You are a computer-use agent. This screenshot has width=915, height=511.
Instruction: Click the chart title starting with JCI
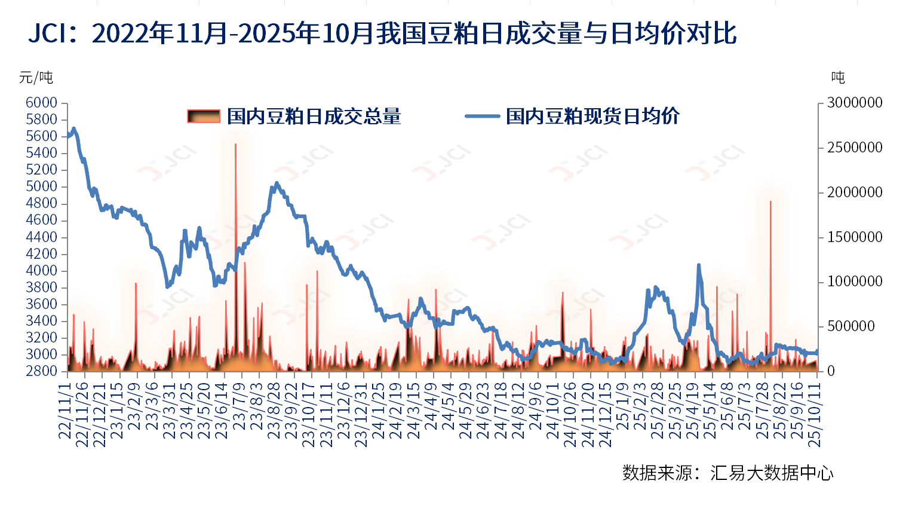pyautogui.click(x=382, y=34)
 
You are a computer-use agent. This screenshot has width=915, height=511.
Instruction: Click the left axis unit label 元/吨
pyautogui.click(x=36, y=78)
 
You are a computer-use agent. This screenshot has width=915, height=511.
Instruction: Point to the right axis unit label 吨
pyautogui.click(x=838, y=78)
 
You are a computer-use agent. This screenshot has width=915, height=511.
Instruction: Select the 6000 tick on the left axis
pyautogui.click(x=41, y=103)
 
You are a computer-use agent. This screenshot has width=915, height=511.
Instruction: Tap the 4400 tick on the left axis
pyautogui.click(x=41, y=237)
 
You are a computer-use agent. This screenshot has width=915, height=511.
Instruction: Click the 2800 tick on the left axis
pyautogui.click(x=41, y=371)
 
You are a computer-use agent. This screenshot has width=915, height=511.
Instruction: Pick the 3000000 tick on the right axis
pyautogui.click(x=855, y=103)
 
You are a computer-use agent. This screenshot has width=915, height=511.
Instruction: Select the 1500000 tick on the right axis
pyautogui.click(x=855, y=237)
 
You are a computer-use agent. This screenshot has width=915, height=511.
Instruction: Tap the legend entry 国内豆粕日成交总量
pyautogui.click(x=294, y=117)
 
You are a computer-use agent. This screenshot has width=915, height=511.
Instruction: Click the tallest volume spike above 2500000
pyautogui.click(x=235, y=145)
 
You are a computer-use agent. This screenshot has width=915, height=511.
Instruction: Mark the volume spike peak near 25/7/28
pyautogui.click(x=770, y=202)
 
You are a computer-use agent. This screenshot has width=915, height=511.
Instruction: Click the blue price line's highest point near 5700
pyautogui.click(x=73, y=128)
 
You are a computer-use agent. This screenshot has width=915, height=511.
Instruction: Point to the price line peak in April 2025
pyautogui.click(x=698, y=265)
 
